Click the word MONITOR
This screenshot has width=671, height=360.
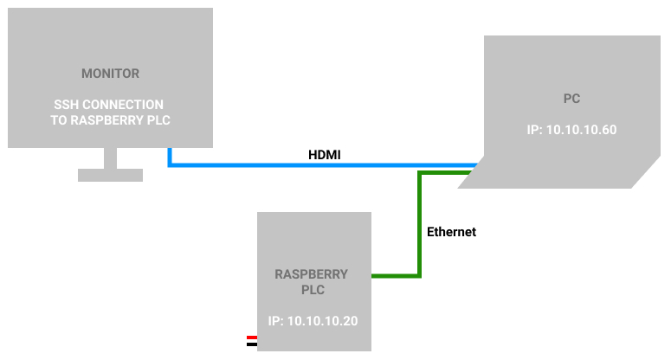(x=110, y=74)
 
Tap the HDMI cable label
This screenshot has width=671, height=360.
(x=325, y=155)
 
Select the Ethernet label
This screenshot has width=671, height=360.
(x=451, y=232)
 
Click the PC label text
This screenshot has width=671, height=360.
(x=571, y=99)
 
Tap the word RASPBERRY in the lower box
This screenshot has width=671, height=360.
(x=311, y=274)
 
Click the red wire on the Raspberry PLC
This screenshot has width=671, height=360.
(x=252, y=337)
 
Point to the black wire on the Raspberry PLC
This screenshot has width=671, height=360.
(x=252, y=344)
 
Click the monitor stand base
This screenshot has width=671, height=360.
(x=110, y=175)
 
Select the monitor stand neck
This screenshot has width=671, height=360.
(x=110, y=157)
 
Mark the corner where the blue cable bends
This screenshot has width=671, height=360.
(x=171, y=164)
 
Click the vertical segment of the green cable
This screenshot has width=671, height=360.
(x=419, y=225)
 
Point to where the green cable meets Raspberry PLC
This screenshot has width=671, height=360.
(x=373, y=276)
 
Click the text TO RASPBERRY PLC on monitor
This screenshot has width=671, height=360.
(x=110, y=120)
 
